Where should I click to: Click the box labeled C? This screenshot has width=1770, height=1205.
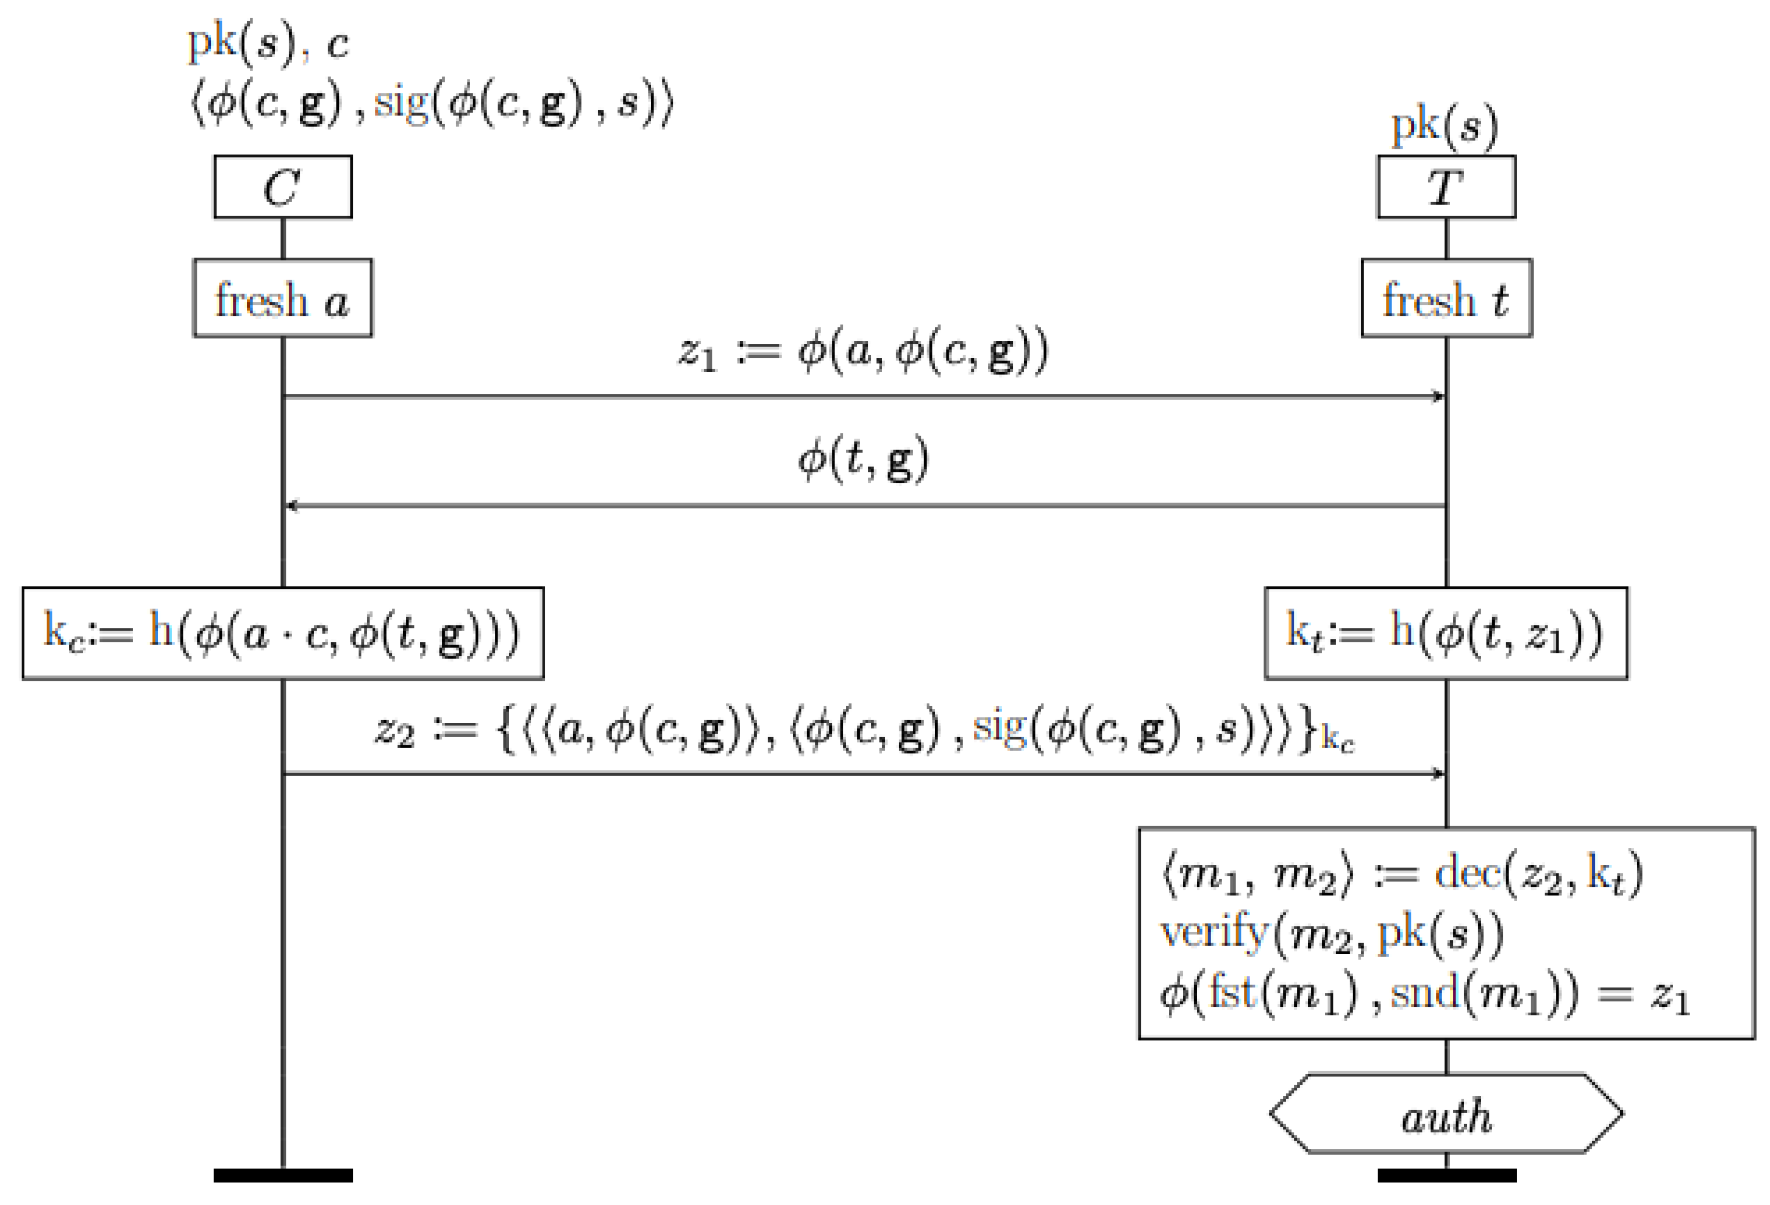click(282, 187)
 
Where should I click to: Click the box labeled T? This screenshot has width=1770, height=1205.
click(1446, 187)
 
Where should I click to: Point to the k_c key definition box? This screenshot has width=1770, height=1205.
click(282, 633)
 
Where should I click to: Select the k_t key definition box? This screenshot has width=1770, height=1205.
click(1446, 633)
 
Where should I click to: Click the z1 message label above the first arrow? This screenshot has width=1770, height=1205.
click(863, 352)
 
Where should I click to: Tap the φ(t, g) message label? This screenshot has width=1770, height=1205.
click(863, 460)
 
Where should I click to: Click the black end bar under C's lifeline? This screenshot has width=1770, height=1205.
click(282, 1175)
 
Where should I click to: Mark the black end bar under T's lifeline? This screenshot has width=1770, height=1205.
click(1446, 1175)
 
